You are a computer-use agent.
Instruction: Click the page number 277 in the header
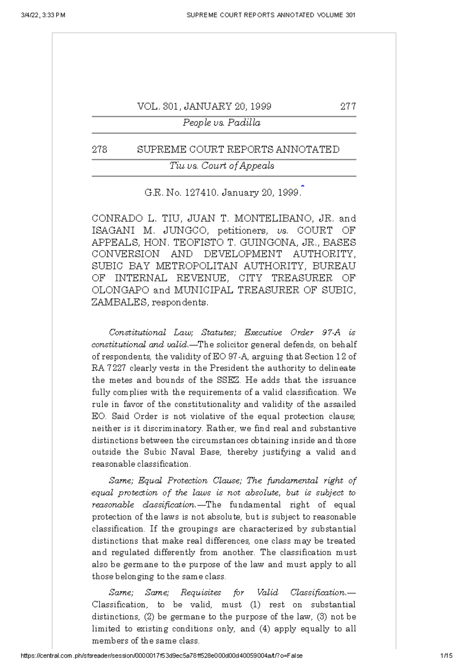[x=348, y=107]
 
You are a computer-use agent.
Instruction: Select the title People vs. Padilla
[x=222, y=123]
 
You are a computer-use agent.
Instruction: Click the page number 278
[x=100, y=150]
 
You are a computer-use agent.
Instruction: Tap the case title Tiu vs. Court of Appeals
[x=222, y=166]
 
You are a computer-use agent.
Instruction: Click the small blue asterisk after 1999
[x=303, y=185]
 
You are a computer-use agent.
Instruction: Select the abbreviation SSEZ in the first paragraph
[x=229, y=381]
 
